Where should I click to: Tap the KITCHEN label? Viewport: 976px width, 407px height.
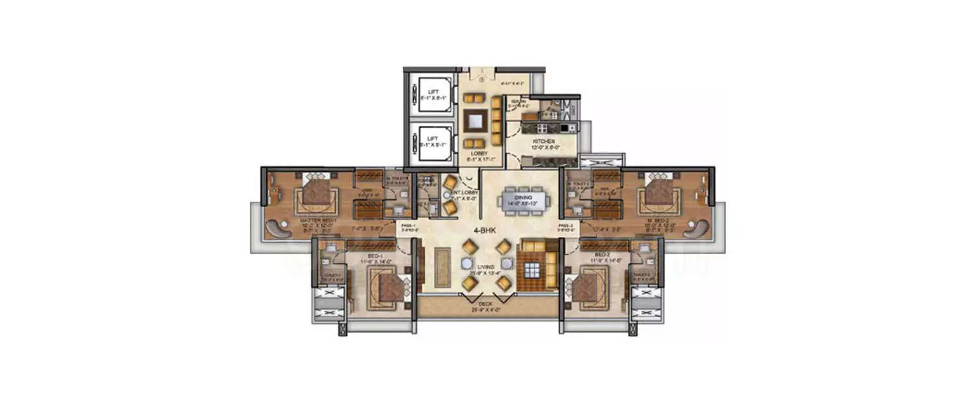point(543,141)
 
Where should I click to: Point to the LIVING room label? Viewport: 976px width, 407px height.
point(485,267)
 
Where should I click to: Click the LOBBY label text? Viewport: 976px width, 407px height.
point(478,154)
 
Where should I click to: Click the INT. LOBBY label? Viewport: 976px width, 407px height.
point(468,193)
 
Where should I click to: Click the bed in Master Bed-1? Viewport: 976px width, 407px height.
point(316,195)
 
